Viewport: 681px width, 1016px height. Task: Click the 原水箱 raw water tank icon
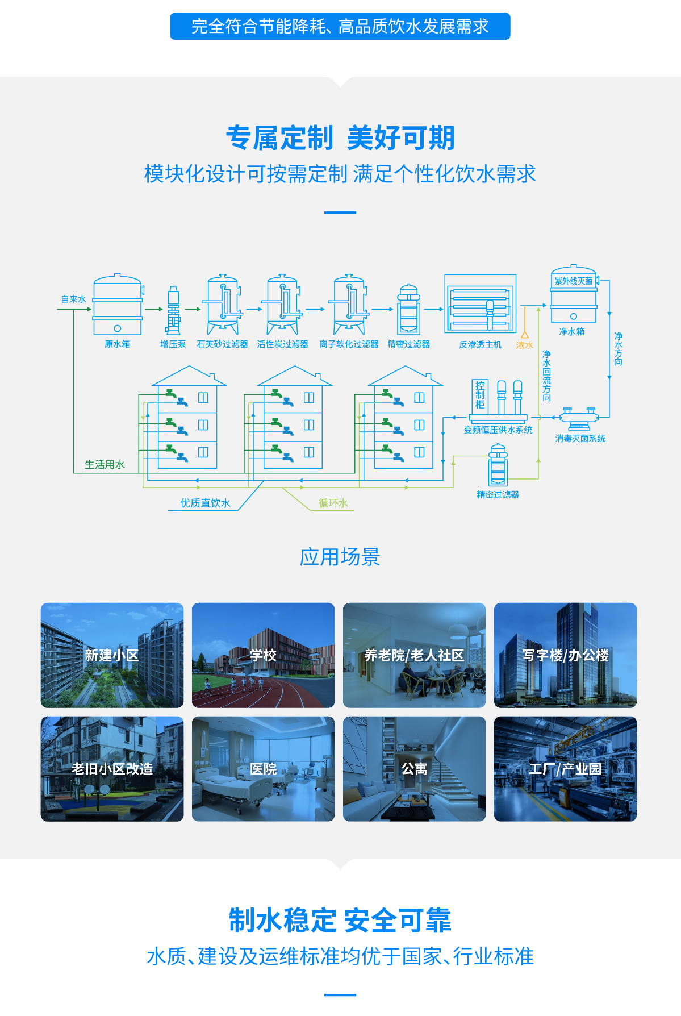(x=118, y=305)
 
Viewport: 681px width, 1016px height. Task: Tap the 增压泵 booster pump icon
(x=173, y=310)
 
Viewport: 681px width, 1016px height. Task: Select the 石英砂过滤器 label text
(x=222, y=344)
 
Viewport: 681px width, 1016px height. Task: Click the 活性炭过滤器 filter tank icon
(x=282, y=305)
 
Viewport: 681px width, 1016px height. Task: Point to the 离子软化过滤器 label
(x=349, y=344)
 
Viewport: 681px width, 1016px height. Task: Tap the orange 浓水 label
(x=524, y=345)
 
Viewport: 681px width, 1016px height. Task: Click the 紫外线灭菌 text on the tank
(x=574, y=281)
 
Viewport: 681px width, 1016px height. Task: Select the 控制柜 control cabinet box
(x=480, y=395)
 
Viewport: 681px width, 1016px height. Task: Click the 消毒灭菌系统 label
(x=580, y=439)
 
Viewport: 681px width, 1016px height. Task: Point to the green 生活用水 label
(x=105, y=465)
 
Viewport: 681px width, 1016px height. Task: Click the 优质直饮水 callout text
(x=205, y=503)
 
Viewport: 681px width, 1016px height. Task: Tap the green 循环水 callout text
(x=333, y=503)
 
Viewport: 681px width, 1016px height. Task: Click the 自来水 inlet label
(x=74, y=299)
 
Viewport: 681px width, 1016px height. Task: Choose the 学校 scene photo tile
(x=264, y=655)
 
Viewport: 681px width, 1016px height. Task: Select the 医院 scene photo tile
(x=264, y=769)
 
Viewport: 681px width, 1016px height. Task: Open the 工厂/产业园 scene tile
(x=566, y=769)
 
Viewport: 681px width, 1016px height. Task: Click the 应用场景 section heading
(x=340, y=557)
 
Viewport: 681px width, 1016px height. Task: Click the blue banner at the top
(x=340, y=26)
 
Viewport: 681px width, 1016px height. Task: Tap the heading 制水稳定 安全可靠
(x=340, y=921)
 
